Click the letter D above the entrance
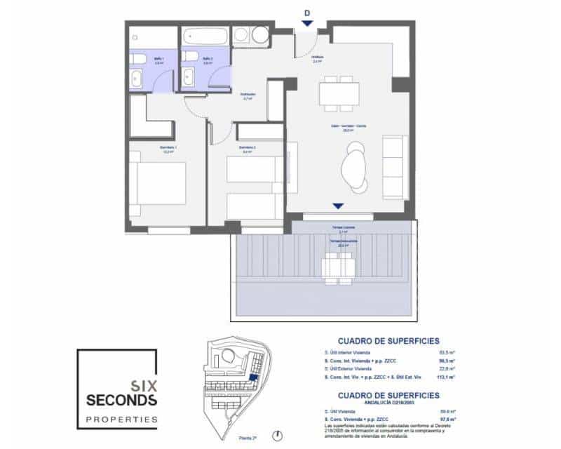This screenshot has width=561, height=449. (x=306, y=12)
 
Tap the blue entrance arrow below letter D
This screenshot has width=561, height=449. (x=306, y=25)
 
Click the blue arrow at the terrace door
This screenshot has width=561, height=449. (x=338, y=206)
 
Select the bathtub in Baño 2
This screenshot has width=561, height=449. (x=203, y=36)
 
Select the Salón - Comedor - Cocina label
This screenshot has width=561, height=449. (x=341, y=127)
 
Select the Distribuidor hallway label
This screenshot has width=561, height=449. (x=248, y=96)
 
